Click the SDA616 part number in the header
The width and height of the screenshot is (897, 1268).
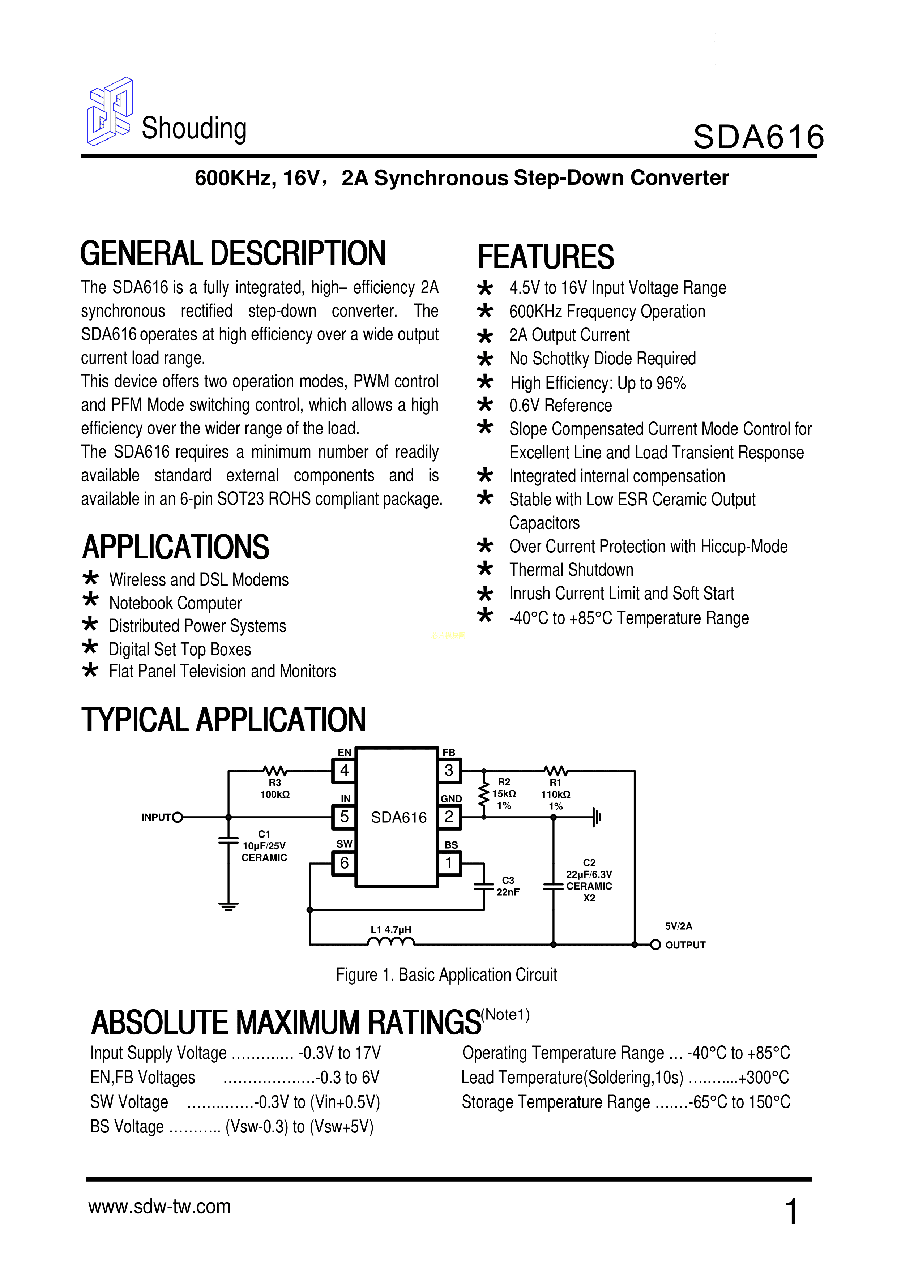(758, 137)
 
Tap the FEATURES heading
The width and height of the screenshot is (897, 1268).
(545, 257)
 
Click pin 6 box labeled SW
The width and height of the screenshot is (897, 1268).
(344, 863)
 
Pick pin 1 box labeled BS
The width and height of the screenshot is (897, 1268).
(449, 863)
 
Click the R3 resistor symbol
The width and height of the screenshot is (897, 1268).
(274, 770)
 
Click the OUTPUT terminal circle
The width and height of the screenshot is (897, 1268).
(655, 945)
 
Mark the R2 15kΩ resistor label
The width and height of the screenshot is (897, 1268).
(504, 794)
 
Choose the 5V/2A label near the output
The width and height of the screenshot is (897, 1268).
(678, 926)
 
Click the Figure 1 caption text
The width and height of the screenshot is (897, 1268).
(446, 975)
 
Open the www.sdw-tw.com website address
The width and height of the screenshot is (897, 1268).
(160, 1207)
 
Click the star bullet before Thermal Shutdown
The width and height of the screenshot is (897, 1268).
(484, 569)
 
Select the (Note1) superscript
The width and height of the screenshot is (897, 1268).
(505, 1015)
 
